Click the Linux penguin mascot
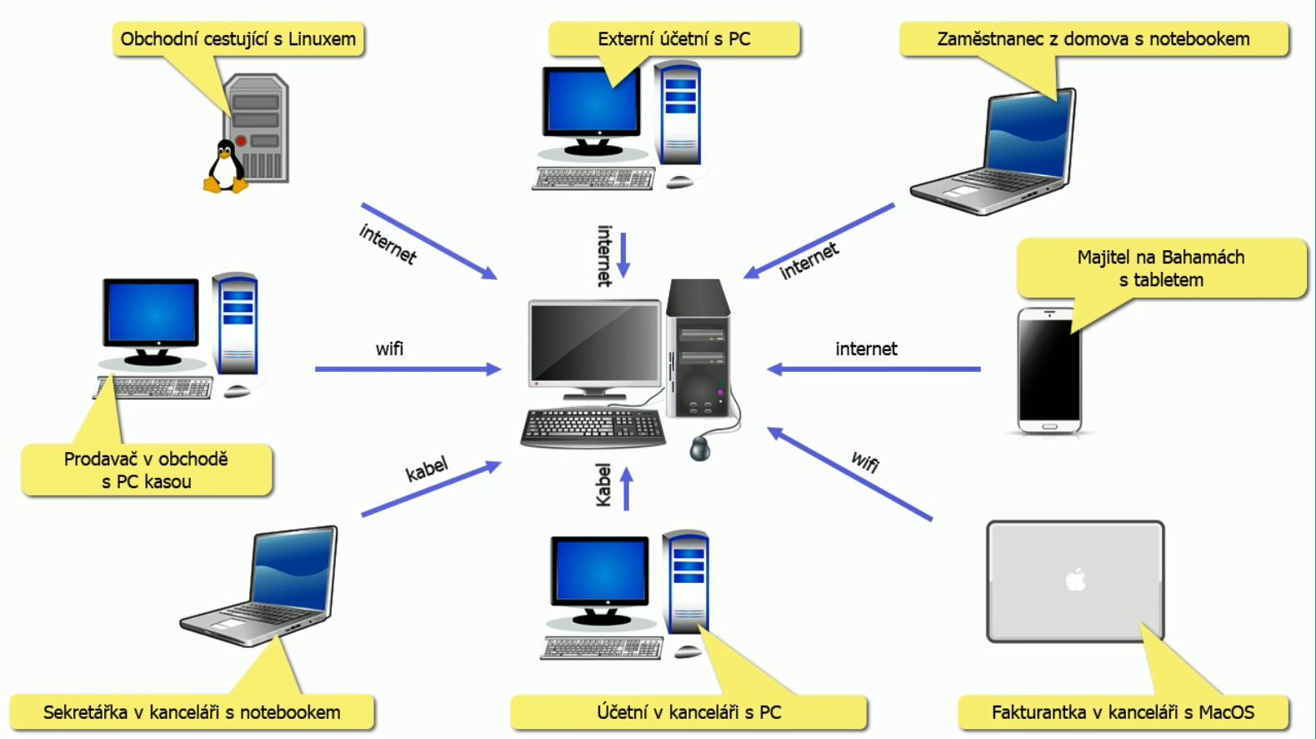pyautogui.click(x=225, y=167)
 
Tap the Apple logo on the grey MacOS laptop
pyautogui.click(x=1076, y=579)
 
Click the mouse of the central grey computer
pyautogui.click(x=700, y=448)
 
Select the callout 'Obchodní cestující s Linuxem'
pyautogui.click(x=238, y=39)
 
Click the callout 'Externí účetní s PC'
pyautogui.click(x=673, y=39)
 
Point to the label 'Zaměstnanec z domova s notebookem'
pyautogui.click(x=1093, y=39)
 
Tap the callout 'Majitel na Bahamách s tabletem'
pyautogui.click(x=1160, y=268)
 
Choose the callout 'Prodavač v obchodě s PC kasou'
pyautogui.click(x=147, y=470)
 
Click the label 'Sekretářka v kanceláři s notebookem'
pyautogui.click(x=192, y=712)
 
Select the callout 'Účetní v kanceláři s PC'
pyautogui.click(x=688, y=712)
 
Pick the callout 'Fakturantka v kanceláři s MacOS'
pyautogui.click(x=1122, y=712)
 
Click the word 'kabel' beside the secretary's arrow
pyautogui.click(x=427, y=469)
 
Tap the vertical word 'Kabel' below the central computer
pyautogui.click(x=603, y=485)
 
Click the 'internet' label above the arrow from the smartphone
pyautogui.click(x=866, y=349)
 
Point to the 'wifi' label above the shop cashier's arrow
pyautogui.click(x=389, y=349)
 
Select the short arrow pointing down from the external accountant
pyautogui.click(x=623, y=254)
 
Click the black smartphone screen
pyautogui.click(x=1048, y=368)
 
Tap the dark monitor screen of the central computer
pyautogui.click(x=594, y=340)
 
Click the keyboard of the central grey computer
pyautogui.click(x=593, y=427)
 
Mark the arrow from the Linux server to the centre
pyautogui.click(x=428, y=240)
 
